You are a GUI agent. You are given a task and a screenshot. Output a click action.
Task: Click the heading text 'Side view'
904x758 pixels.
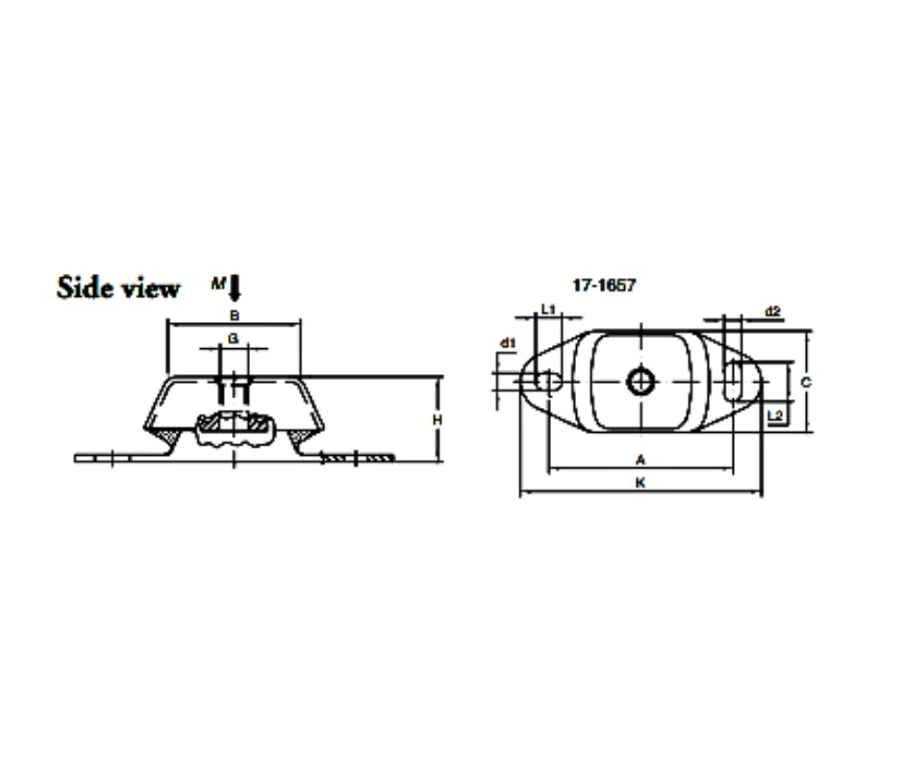coord(118,288)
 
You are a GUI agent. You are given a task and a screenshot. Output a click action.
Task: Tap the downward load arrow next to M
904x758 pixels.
coord(236,287)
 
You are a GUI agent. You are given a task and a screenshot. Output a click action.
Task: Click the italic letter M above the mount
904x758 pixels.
coord(218,284)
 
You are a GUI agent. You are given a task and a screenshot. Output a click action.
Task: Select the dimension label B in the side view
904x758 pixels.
coord(233,315)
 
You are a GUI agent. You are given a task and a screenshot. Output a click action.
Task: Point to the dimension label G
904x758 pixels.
coord(233,338)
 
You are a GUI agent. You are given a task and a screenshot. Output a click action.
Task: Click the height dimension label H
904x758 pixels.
coord(436,420)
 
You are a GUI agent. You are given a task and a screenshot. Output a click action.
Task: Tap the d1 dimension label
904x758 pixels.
coord(507,342)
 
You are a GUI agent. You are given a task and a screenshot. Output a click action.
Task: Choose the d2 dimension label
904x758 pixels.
coord(771,312)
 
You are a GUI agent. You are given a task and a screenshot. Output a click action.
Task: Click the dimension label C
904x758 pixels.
coord(806,382)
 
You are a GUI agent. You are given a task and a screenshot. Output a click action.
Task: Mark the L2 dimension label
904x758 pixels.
coord(776,414)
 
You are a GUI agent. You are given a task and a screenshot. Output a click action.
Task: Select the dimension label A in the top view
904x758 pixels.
coord(640,459)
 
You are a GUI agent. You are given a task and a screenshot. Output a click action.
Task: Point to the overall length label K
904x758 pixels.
coord(640,484)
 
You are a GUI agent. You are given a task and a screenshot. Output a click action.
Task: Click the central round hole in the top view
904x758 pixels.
coord(639,382)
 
